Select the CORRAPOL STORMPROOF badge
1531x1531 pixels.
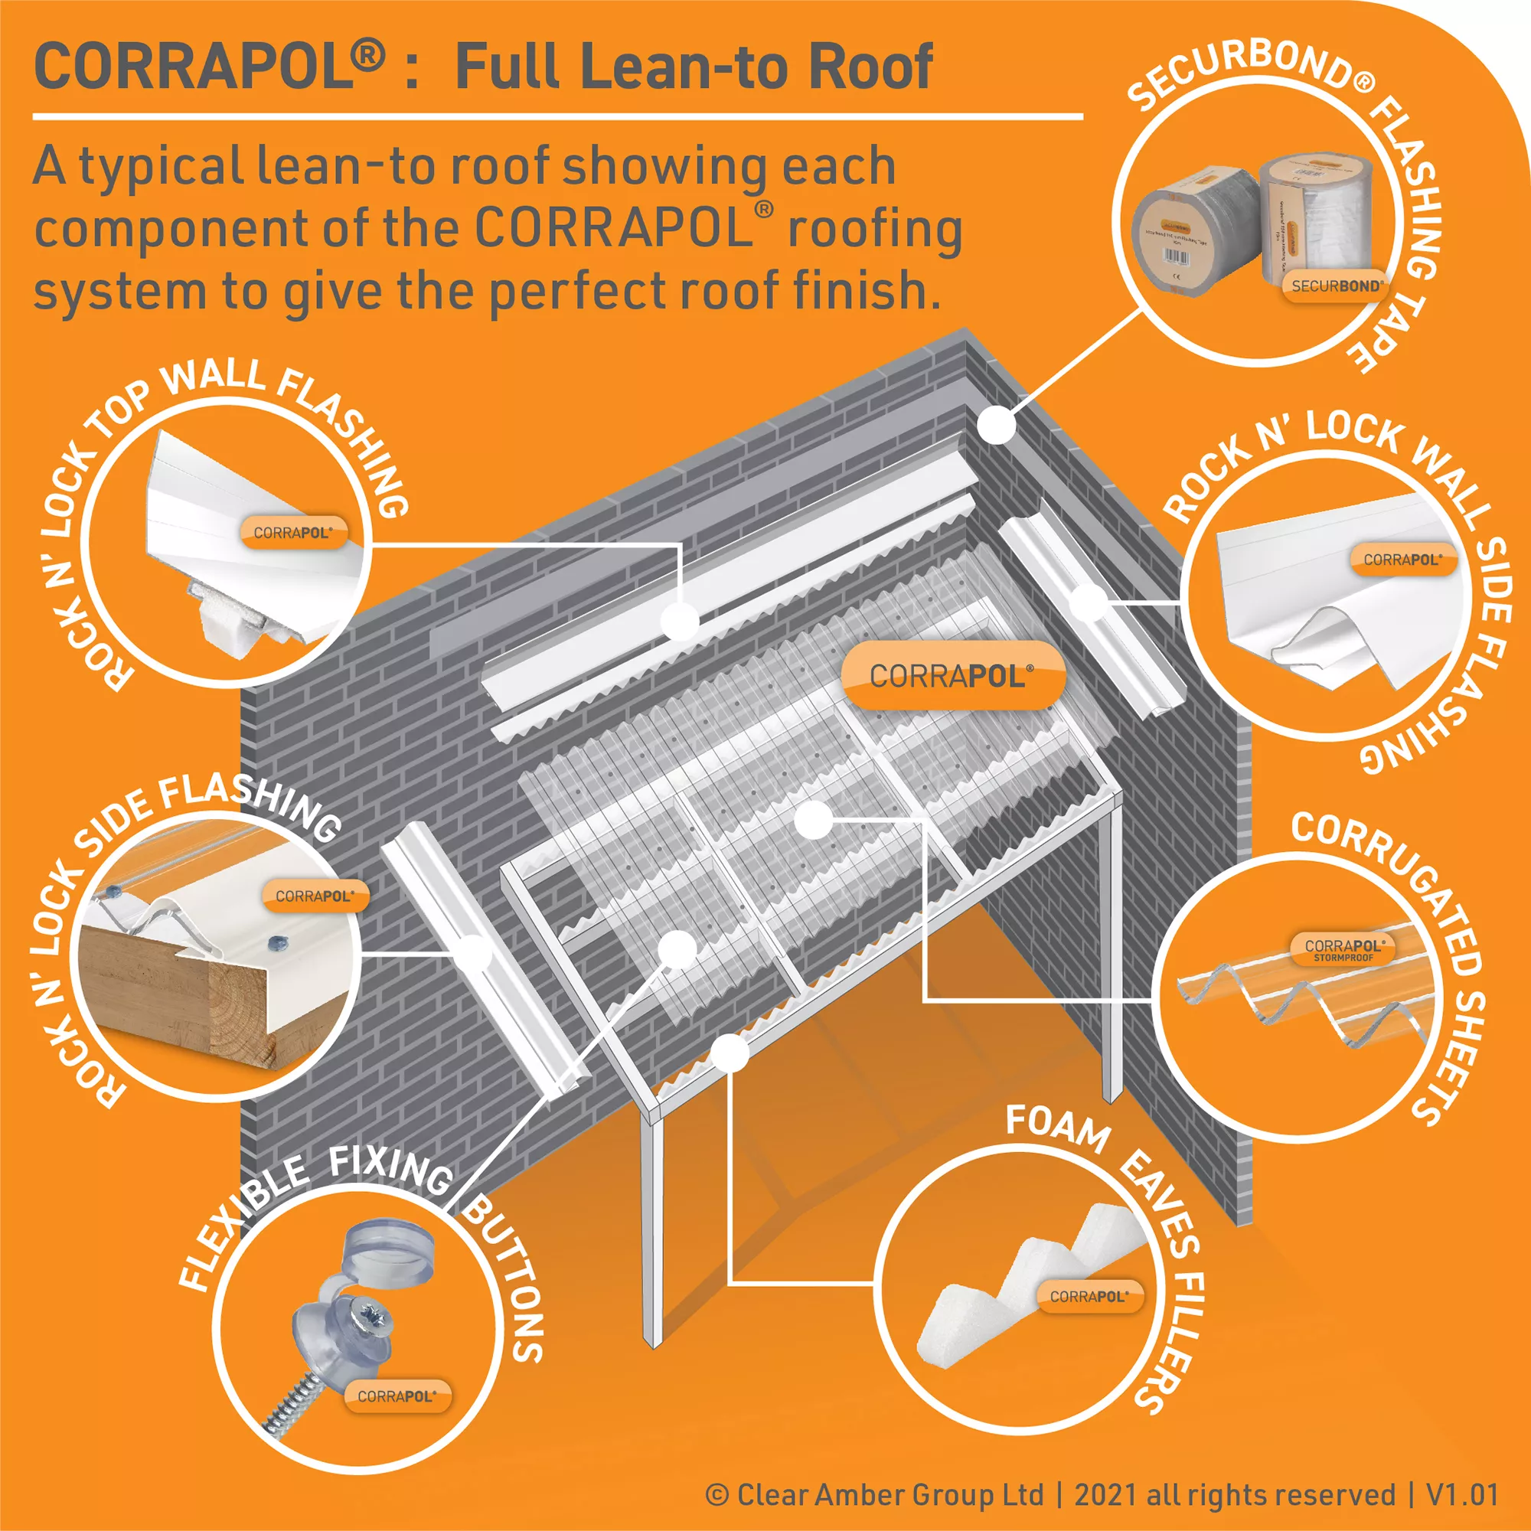coord(1344,949)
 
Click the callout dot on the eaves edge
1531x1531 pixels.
coord(730,1053)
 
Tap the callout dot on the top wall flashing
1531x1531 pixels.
coord(680,621)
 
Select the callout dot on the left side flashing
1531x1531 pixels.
coord(475,952)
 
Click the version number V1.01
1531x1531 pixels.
coord(1463,1494)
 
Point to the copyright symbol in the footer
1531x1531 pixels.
coord(717,1494)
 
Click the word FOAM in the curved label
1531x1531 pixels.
coord(1058,1129)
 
